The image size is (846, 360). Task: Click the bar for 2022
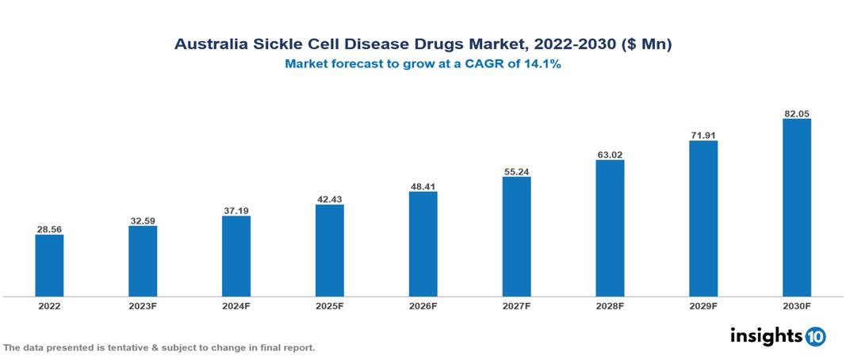49,265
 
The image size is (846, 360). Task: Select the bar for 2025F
330,250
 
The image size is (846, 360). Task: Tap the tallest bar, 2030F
797,207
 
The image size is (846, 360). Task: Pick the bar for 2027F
517,236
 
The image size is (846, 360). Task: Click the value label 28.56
49,229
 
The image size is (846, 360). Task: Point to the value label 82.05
797,113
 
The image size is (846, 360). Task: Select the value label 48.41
423,186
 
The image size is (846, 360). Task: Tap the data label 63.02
610,155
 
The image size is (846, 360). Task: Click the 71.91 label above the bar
703,136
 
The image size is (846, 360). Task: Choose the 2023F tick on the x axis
143,306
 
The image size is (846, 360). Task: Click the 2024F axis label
236,306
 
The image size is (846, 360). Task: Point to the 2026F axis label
423,306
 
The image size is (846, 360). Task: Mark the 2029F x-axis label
703,306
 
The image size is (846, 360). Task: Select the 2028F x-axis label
610,306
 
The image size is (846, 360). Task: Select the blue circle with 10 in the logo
816,336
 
